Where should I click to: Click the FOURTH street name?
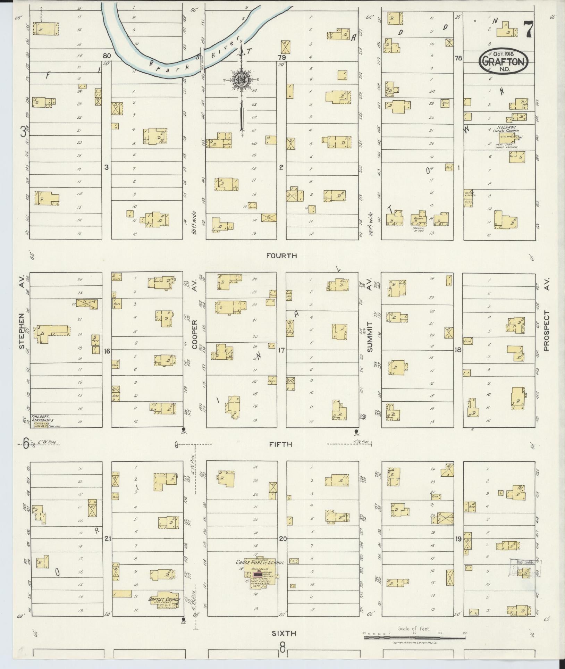[281, 256]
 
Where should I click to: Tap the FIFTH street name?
[281, 444]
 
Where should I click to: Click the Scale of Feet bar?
[414, 638]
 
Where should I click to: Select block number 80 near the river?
[106, 56]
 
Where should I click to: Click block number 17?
[281, 350]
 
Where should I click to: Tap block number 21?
[107, 539]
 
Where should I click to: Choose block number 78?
[458, 58]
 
